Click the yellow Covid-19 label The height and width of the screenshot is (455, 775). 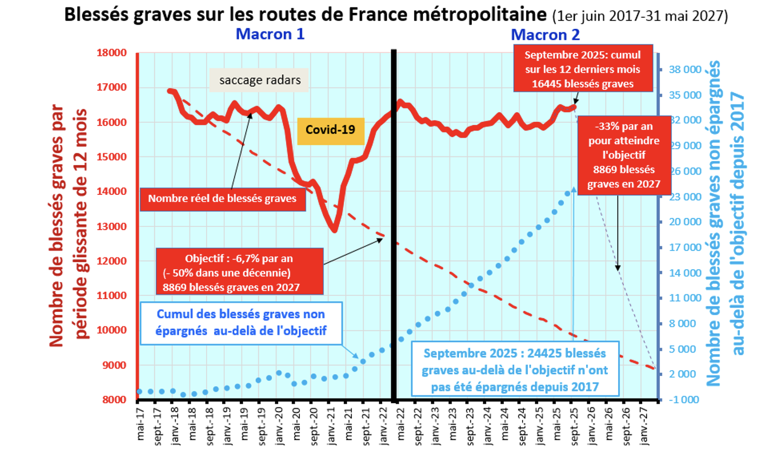(x=330, y=130)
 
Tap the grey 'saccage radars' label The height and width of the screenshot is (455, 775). (x=260, y=80)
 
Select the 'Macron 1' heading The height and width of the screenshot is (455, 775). (x=270, y=34)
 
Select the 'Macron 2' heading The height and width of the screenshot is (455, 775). (x=545, y=35)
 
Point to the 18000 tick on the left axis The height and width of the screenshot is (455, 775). (x=112, y=53)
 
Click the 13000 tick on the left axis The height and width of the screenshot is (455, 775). (x=112, y=226)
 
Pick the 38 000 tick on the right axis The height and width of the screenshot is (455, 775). (x=685, y=69)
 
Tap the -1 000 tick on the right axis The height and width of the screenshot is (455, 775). (x=683, y=399)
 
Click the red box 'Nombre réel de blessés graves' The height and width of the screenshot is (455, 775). (x=222, y=199)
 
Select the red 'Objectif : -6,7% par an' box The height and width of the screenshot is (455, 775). (x=239, y=259)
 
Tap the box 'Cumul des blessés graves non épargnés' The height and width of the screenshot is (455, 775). (x=241, y=323)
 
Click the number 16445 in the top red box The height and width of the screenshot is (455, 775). (x=547, y=84)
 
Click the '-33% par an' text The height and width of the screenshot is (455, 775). (x=623, y=127)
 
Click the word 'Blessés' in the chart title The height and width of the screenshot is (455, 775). (x=97, y=14)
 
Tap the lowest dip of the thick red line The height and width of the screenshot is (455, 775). (x=334, y=230)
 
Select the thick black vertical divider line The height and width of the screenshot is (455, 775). (x=394, y=224)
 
